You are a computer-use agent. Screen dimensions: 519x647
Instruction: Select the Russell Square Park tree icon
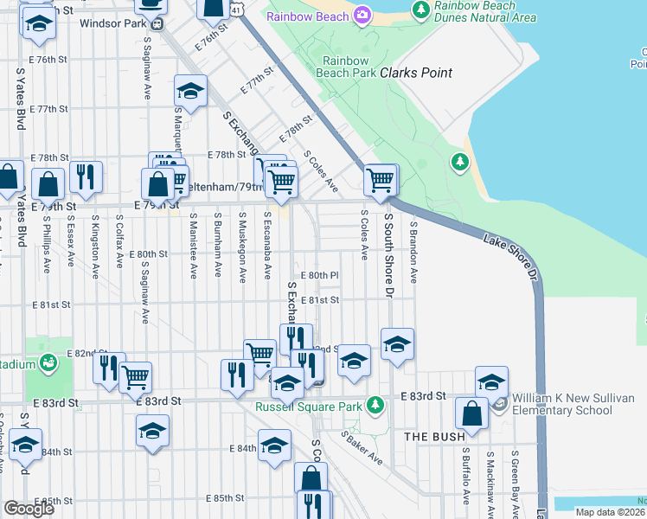pos(375,404)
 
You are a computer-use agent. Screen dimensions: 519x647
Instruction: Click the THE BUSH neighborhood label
pos(435,437)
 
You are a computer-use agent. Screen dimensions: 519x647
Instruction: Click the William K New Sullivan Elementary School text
pos(575,404)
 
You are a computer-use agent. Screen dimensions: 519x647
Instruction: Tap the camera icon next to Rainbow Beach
pos(362,14)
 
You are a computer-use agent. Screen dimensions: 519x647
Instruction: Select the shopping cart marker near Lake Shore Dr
pos(380,180)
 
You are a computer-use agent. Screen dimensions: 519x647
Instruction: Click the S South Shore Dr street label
pos(389,255)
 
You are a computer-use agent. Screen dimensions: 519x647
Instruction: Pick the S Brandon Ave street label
pos(414,252)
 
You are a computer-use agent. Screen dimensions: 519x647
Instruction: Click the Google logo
pos(29,509)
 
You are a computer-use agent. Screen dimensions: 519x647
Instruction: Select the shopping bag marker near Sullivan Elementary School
pos(472,414)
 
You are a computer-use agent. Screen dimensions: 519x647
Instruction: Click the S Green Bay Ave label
pos(516,475)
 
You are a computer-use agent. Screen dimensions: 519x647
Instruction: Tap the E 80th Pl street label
pos(318,275)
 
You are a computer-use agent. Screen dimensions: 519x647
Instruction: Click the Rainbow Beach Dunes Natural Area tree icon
pos(420,10)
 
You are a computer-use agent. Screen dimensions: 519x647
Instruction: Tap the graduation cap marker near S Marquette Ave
pos(191,89)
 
